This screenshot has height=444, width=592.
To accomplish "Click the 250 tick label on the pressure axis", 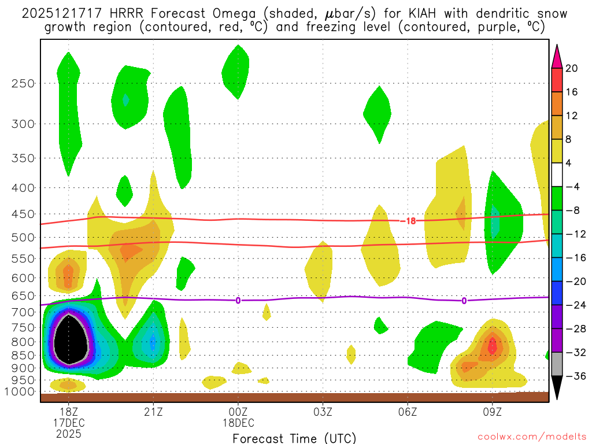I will pyautogui.click(x=23, y=83).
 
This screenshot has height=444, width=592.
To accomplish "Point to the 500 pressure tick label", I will pyautogui.click(x=23, y=238).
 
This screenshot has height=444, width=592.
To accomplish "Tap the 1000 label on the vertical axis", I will pyautogui.click(x=20, y=392).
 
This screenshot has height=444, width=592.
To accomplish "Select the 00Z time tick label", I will pyautogui.click(x=238, y=413).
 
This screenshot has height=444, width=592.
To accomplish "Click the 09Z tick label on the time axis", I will pyautogui.click(x=493, y=413).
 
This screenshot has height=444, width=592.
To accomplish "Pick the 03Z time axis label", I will pyautogui.click(x=323, y=413).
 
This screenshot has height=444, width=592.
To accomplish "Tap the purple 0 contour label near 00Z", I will pyautogui.click(x=238, y=300).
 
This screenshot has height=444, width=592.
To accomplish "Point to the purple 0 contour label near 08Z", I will pyautogui.click(x=464, y=301).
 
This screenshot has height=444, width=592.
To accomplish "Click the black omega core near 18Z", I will pyautogui.click(x=69, y=341).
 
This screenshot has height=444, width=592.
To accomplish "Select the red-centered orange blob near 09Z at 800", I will pyautogui.click(x=492, y=346).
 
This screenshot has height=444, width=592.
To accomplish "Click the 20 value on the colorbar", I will pyautogui.click(x=572, y=68).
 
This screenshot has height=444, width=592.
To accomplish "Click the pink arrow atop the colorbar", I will pyautogui.click(x=556, y=56).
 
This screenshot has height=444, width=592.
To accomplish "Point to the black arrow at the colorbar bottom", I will pyautogui.click(x=556, y=387).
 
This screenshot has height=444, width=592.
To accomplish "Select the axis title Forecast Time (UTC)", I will pyautogui.click(x=294, y=438).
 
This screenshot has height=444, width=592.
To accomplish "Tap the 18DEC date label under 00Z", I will pyautogui.click(x=238, y=423).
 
